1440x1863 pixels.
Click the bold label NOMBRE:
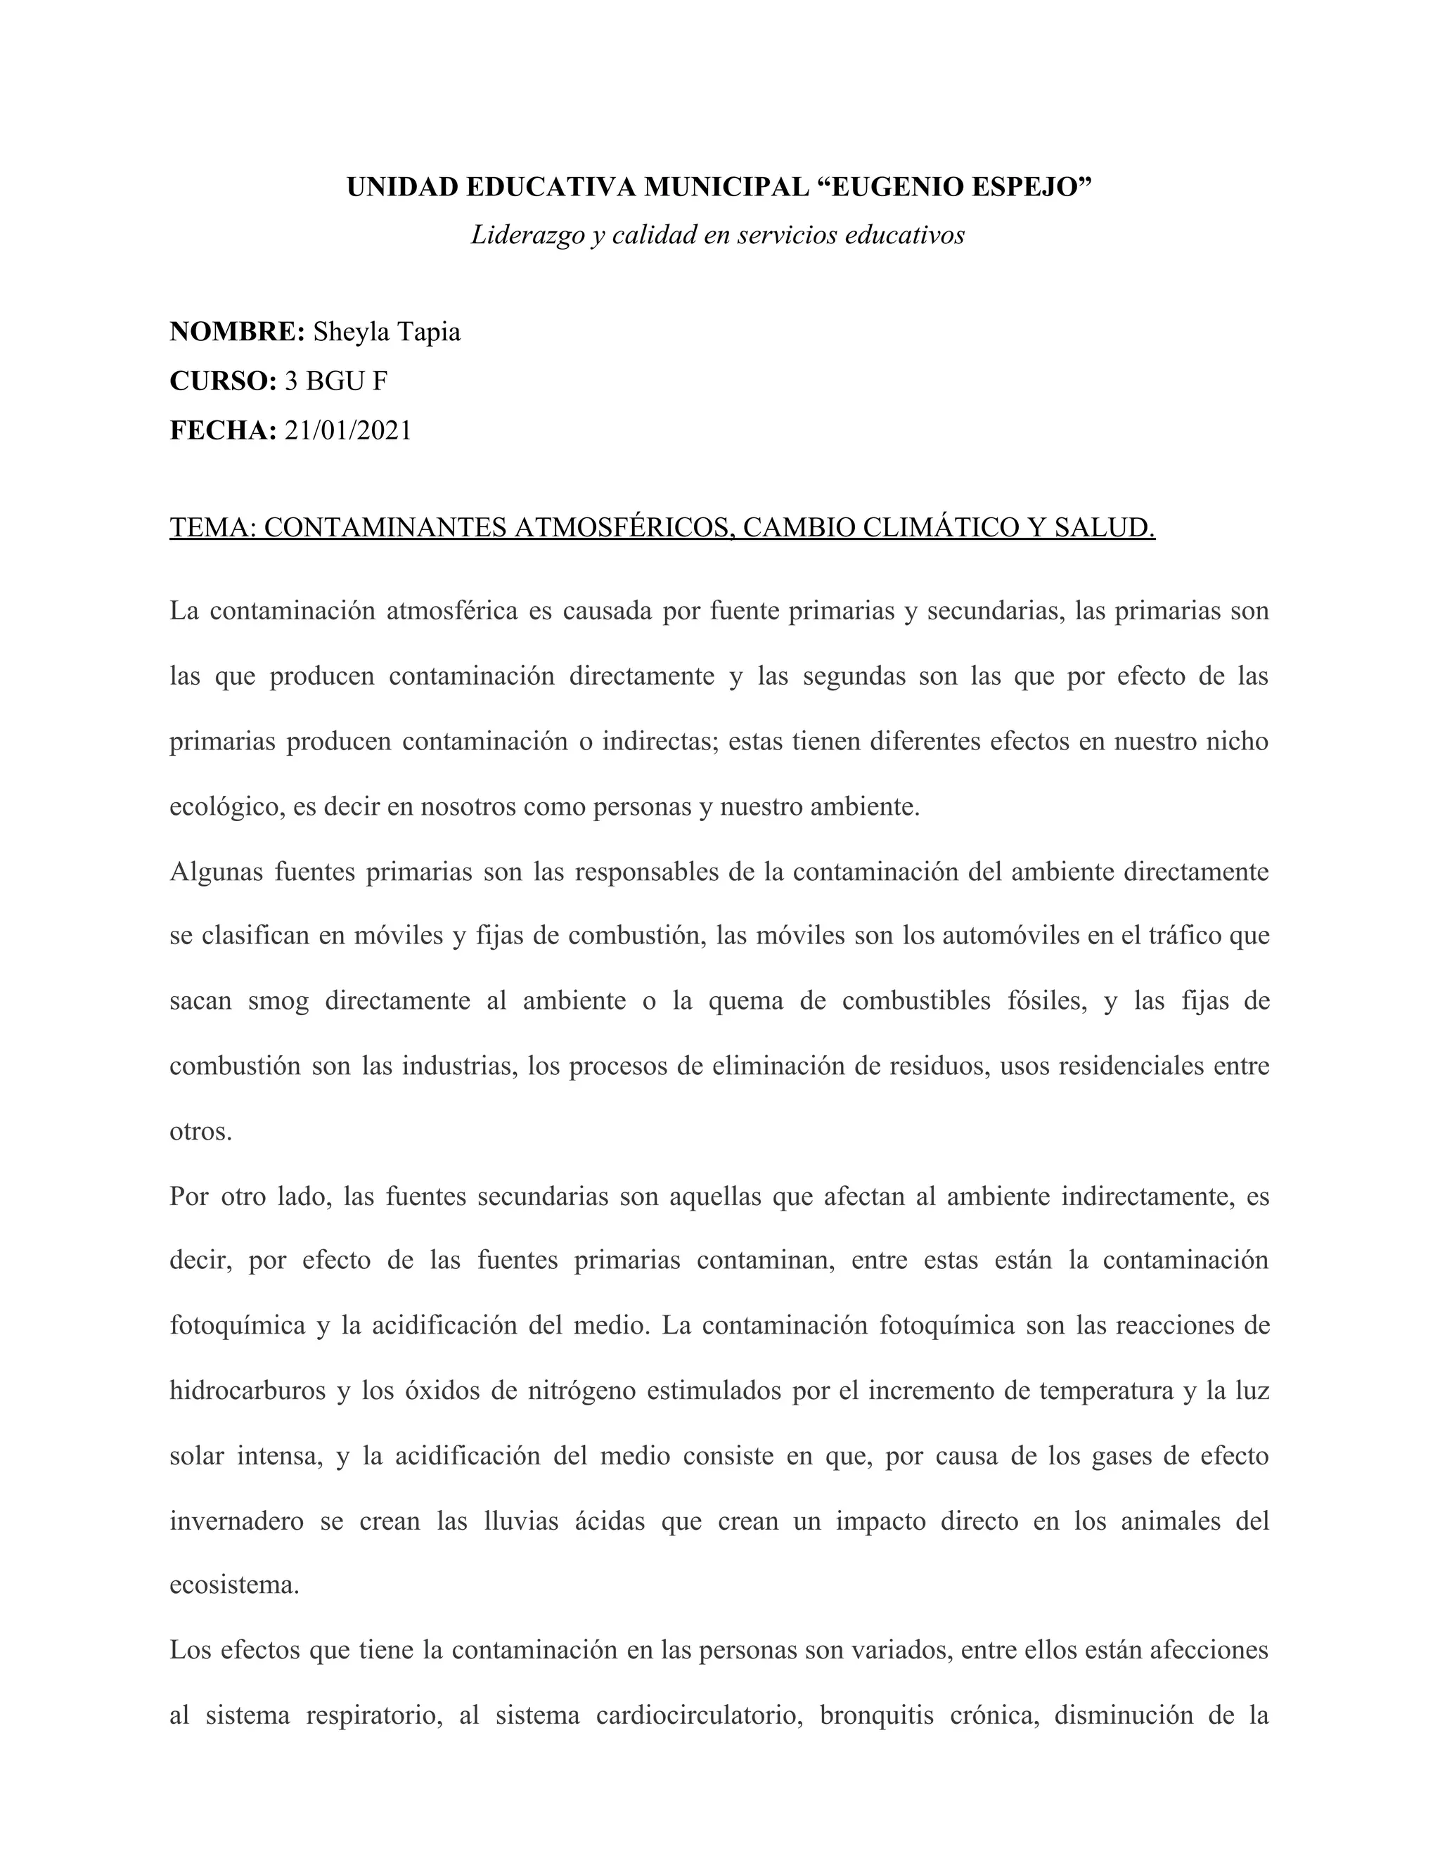click(x=237, y=332)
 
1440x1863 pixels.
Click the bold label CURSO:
click(x=224, y=381)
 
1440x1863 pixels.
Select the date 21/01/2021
click(x=348, y=431)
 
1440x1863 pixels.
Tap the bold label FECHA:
click(x=224, y=431)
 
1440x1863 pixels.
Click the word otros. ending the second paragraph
click(x=200, y=1132)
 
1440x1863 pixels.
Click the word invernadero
click(x=236, y=1521)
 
